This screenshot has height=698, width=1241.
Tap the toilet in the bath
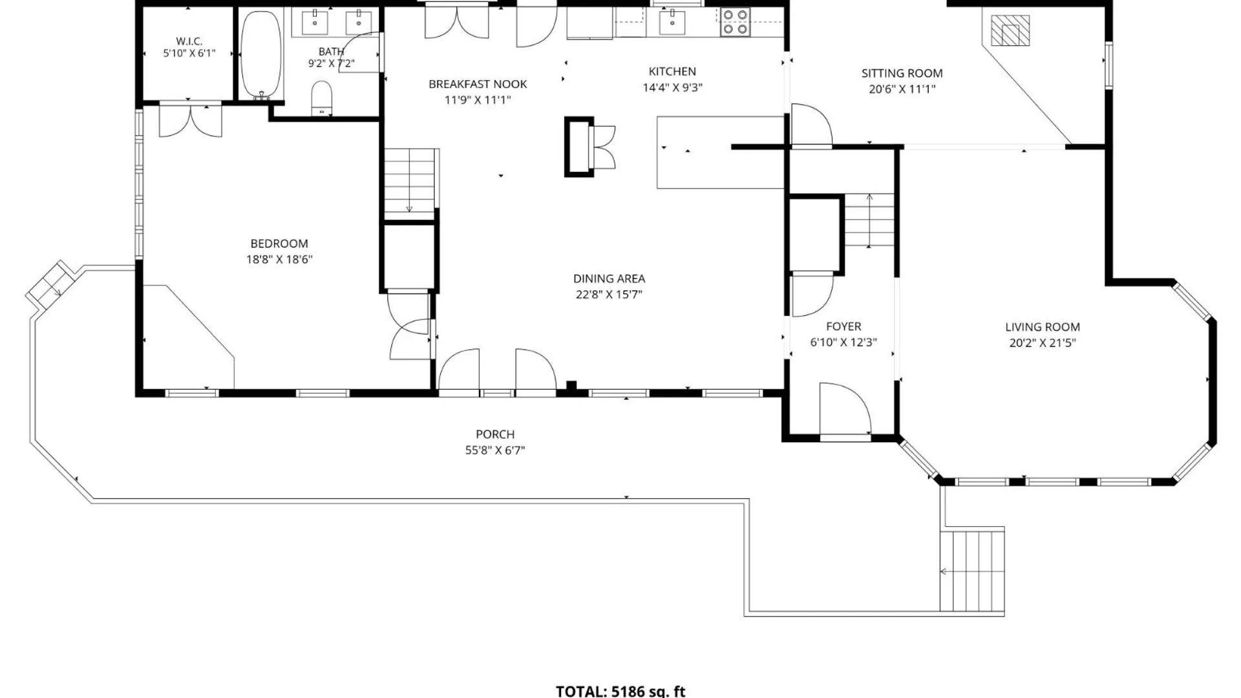(321, 98)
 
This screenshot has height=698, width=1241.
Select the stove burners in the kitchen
(735, 21)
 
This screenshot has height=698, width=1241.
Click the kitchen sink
(672, 22)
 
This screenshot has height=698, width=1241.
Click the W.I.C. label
(189, 41)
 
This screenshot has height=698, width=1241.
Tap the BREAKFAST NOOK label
(478, 84)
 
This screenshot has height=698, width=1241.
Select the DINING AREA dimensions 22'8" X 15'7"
(609, 295)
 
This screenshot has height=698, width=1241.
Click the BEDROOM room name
(279, 244)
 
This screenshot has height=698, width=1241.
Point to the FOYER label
(843, 326)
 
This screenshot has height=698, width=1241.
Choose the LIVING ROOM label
(1043, 327)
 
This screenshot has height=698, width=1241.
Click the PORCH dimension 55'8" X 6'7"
(495, 450)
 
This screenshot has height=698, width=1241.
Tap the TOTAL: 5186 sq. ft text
(620, 691)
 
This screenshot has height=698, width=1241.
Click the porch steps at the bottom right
(972, 571)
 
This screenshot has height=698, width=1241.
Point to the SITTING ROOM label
(902, 74)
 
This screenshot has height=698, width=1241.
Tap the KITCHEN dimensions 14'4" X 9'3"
(672, 88)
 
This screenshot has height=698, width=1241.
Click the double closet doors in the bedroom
(191, 120)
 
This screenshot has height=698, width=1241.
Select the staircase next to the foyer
(870, 220)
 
